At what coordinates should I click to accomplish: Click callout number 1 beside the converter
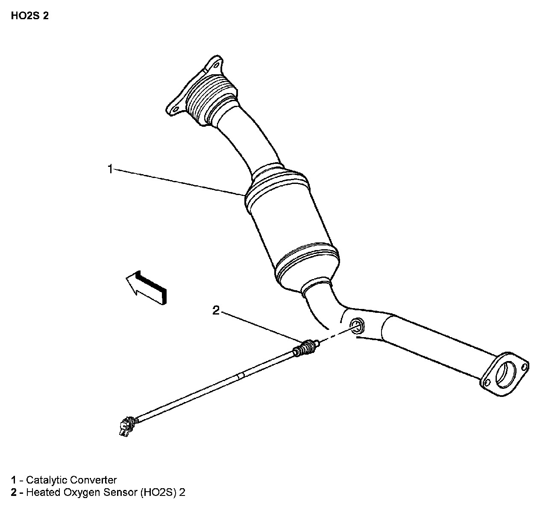(x=110, y=169)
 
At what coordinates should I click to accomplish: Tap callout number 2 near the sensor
(x=216, y=310)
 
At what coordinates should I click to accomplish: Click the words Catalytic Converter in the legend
(x=71, y=480)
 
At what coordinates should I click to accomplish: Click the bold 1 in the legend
(x=14, y=480)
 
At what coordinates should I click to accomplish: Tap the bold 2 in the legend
(x=14, y=492)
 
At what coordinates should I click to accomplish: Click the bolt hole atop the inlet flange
(x=215, y=66)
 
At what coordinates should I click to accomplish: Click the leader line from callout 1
(x=179, y=183)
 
